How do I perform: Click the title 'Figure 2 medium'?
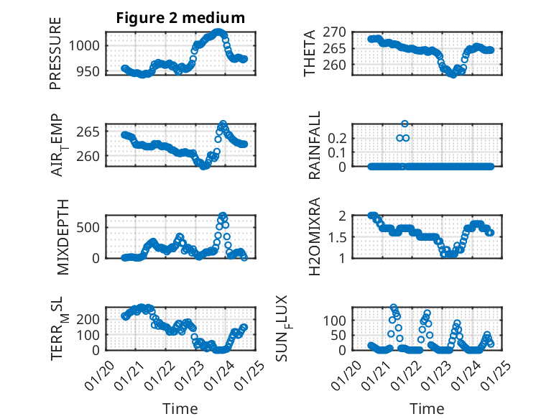click(x=181, y=18)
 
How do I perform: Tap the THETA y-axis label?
click(x=310, y=52)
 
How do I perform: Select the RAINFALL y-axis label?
click(x=315, y=146)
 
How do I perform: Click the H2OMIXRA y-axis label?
click(x=315, y=236)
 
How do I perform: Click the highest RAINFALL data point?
click(x=405, y=124)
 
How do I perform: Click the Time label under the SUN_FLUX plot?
click(x=427, y=409)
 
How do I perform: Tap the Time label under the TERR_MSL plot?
click(x=180, y=409)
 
